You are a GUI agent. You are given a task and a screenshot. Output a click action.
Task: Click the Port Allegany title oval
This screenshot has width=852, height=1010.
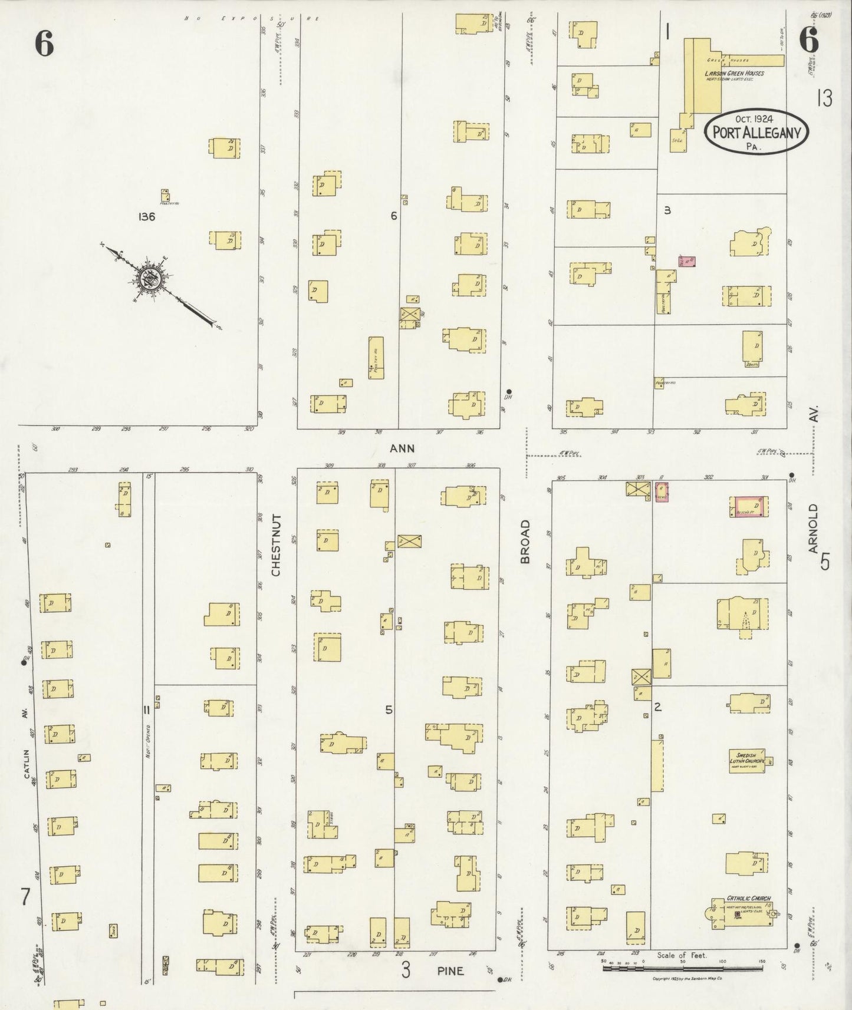tap(756, 132)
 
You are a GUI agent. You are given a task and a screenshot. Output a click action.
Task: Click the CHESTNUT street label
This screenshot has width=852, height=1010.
tap(277, 544)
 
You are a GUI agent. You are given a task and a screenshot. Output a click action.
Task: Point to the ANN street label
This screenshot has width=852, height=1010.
tap(402, 448)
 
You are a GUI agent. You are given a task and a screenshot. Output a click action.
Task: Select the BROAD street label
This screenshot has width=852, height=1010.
tap(525, 542)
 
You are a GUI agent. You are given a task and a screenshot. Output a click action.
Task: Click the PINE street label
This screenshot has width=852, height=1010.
tap(450, 971)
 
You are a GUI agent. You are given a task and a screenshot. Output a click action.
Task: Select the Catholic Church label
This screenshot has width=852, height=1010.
tap(748, 899)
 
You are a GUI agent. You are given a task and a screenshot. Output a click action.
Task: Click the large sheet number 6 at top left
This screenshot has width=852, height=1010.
tap(44, 43)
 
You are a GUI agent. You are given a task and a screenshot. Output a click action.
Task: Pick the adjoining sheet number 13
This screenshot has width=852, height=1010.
tap(824, 98)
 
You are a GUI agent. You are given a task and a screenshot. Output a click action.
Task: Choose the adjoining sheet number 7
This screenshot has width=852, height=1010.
tap(25, 896)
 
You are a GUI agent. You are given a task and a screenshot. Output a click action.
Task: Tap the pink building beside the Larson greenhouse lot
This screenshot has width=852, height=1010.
tap(688, 262)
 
